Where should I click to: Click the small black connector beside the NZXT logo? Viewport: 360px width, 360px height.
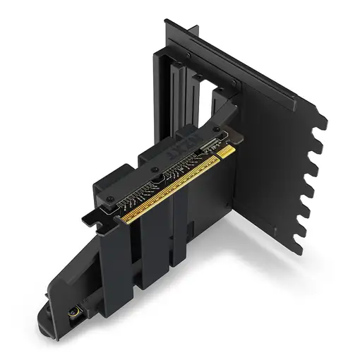(208, 142)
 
